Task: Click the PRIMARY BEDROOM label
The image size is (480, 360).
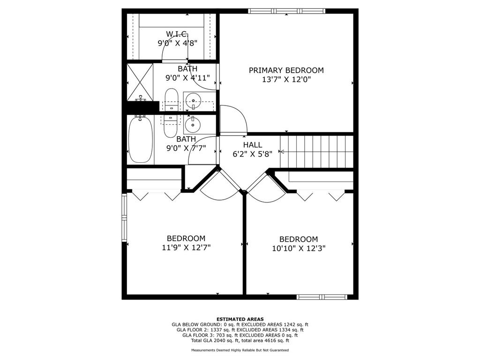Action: click(x=286, y=70)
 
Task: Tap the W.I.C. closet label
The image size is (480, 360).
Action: click(x=177, y=34)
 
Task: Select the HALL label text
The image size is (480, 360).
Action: click(x=253, y=145)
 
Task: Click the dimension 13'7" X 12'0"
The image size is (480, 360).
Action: click(x=286, y=80)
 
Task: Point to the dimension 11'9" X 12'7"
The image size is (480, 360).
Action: click(x=186, y=247)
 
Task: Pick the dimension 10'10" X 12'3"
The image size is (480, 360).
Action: click(x=299, y=248)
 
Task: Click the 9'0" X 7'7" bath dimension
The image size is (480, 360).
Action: click(x=186, y=149)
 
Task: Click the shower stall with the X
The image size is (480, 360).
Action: click(x=140, y=82)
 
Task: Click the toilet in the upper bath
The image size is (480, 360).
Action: click(x=171, y=100)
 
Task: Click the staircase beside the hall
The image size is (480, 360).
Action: click(x=316, y=151)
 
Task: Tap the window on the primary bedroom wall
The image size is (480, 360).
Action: click(x=286, y=11)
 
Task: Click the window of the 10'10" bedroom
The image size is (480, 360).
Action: click(x=322, y=297)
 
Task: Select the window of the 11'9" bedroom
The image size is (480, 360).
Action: click(x=124, y=217)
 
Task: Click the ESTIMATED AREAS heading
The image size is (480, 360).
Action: click(x=240, y=319)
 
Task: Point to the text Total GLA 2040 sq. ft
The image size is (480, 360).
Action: click(x=216, y=340)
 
